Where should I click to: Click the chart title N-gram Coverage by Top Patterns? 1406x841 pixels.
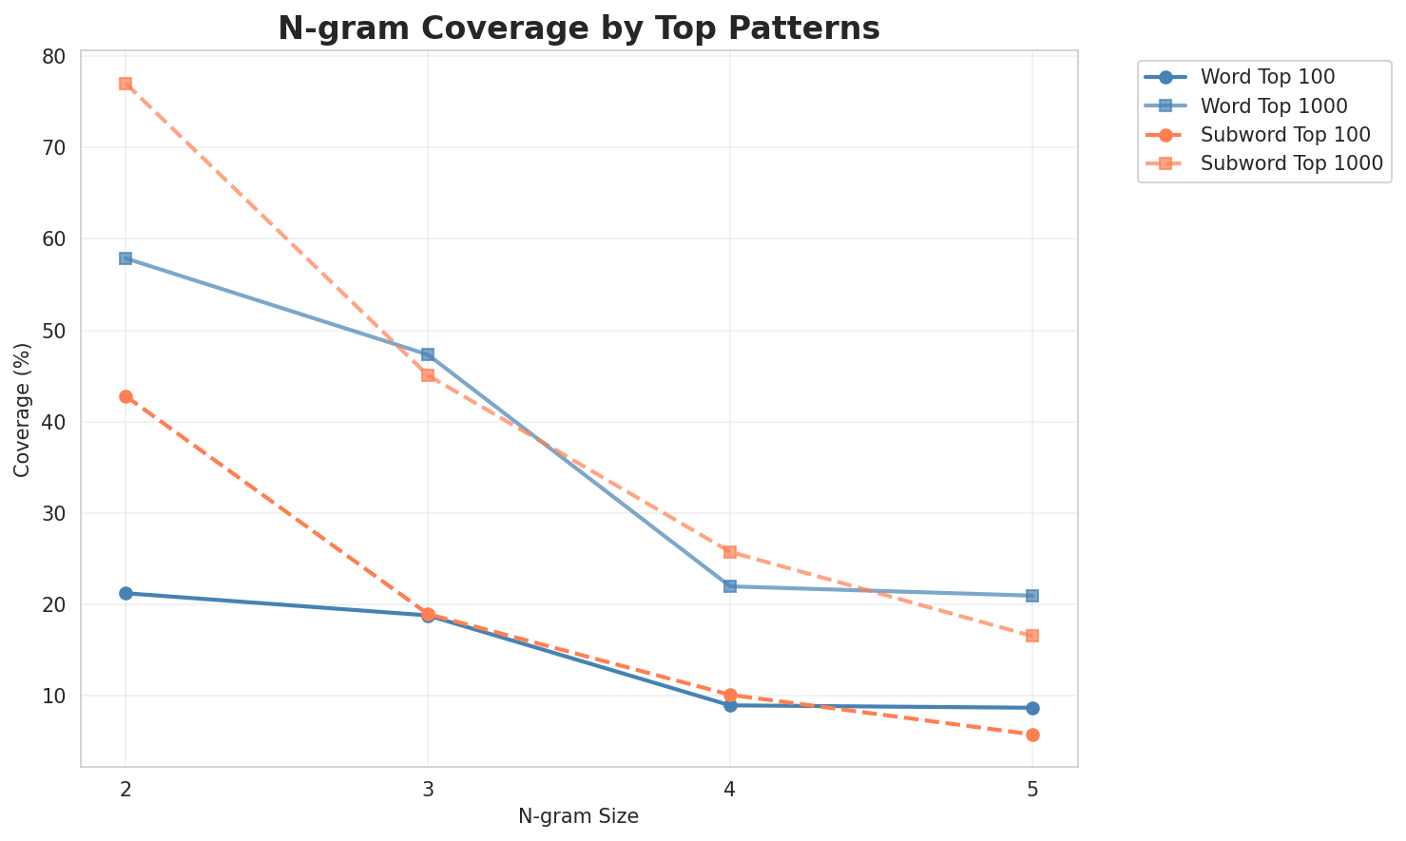tap(578, 29)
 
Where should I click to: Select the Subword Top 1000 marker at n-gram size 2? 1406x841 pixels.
tap(125, 84)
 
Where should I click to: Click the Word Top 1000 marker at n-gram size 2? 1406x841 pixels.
tap(125, 258)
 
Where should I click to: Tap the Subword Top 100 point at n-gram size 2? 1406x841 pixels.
tap(125, 396)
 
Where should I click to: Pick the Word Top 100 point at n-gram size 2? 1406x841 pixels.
tap(125, 593)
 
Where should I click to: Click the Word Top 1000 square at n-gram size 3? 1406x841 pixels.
tap(428, 354)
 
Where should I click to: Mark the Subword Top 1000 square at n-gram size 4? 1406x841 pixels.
tap(730, 552)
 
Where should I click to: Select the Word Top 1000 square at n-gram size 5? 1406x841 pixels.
tap(1032, 596)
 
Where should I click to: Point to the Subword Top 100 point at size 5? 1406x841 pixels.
tap(1032, 735)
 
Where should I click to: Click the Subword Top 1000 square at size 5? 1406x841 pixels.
tap(1032, 636)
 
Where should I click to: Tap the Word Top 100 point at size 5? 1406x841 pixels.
tap(1032, 708)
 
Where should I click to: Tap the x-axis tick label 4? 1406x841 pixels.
tap(730, 789)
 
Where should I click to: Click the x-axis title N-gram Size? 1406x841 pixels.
tap(578, 816)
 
